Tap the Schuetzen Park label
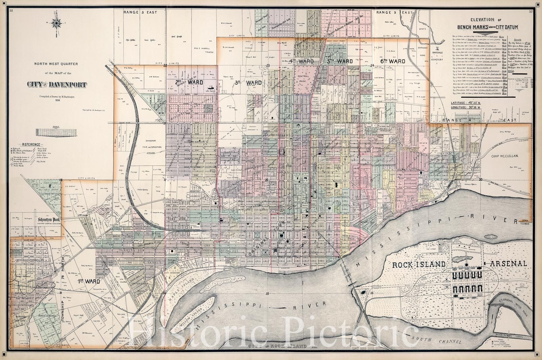click(46, 219)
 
